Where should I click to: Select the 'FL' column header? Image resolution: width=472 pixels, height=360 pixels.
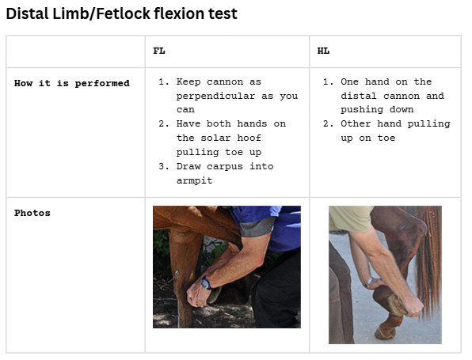click(159, 51)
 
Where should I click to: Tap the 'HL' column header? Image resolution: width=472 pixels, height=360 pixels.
click(323, 51)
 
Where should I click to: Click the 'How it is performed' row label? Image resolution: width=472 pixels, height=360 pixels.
click(72, 82)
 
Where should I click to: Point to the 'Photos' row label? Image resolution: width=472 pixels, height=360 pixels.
click(32, 213)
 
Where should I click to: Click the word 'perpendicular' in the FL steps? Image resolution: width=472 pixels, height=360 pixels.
click(215, 96)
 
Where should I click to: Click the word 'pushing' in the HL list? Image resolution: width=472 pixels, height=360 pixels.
click(364, 110)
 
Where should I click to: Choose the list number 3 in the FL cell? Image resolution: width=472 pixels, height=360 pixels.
click(162, 166)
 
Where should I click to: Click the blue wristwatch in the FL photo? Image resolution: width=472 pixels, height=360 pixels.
click(206, 283)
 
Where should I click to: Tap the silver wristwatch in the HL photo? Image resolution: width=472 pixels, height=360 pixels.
click(368, 281)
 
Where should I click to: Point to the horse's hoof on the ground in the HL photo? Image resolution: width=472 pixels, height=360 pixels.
click(385, 332)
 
